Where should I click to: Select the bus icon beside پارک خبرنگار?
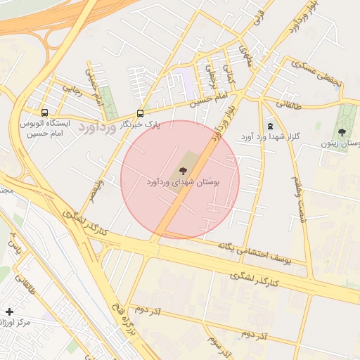tap(141, 112)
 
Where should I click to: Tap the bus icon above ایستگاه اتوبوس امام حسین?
tap(45, 112)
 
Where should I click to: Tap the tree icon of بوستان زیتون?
tap(342, 131)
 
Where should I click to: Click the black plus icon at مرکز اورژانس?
tap(9, 311)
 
